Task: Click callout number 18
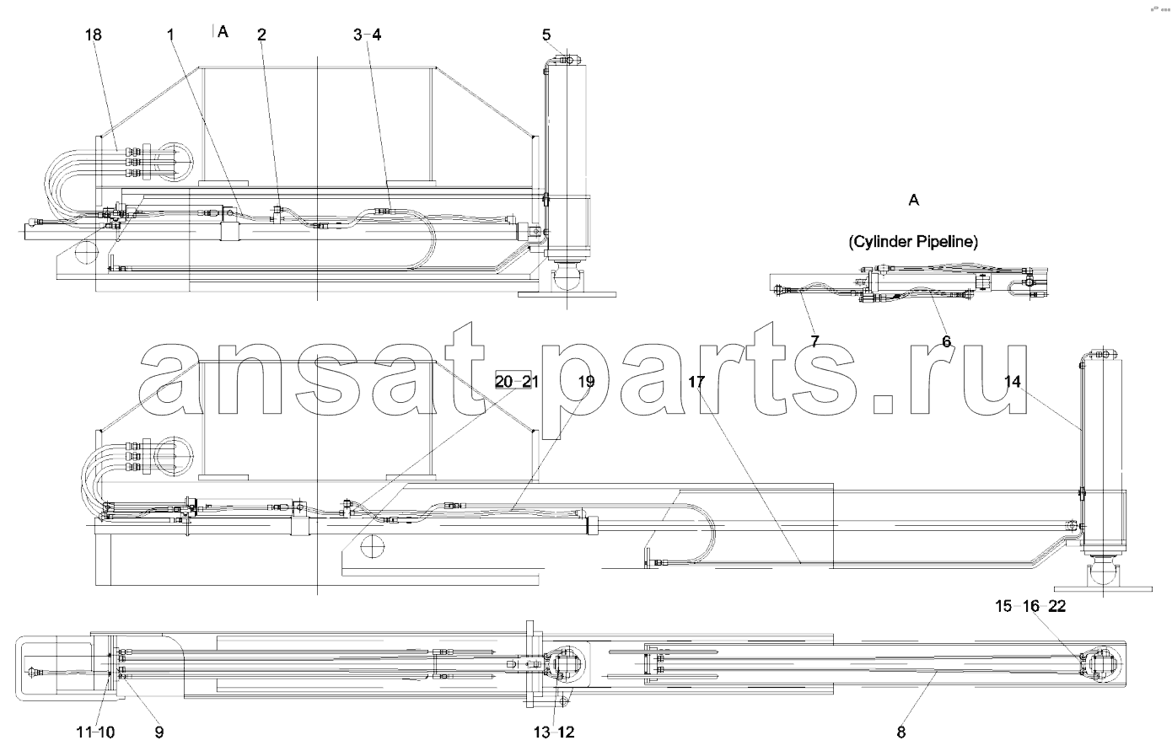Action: [93, 35]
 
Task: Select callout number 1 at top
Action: [170, 35]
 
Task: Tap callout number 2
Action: [261, 35]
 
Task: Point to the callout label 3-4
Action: [368, 35]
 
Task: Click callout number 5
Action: [546, 35]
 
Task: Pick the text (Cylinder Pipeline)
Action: [913, 242]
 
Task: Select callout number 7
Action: [814, 341]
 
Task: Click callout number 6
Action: [947, 341]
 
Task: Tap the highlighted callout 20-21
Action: [517, 382]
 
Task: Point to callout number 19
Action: [587, 382]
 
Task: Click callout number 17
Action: [696, 382]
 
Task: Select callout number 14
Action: [1013, 382]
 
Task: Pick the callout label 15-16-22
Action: [1030, 606]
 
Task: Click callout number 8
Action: [901, 732]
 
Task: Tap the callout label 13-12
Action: [554, 732]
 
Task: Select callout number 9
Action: [159, 732]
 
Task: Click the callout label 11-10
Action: [95, 732]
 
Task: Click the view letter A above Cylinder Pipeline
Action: [913, 200]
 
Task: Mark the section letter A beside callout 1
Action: [223, 32]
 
